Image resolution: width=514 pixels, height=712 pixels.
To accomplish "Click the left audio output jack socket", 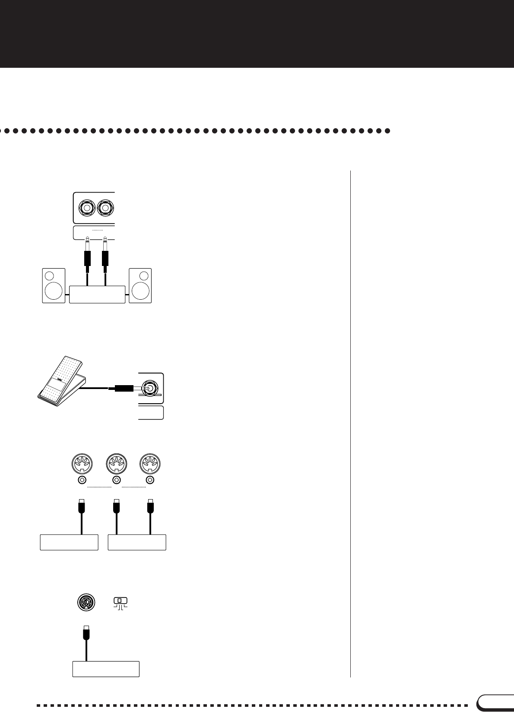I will click(x=87, y=208).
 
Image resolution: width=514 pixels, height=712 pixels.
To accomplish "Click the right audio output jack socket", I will click(x=105, y=208).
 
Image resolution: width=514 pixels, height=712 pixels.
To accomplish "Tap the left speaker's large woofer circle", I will click(x=54, y=291).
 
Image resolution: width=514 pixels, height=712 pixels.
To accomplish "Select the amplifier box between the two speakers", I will click(x=97, y=294).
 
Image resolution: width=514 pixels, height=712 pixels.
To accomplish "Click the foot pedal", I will click(x=60, y=380).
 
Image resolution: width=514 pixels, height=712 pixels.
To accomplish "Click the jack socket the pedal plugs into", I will click(x=149, y=388).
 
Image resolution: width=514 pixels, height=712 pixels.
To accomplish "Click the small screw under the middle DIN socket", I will click(x=116, y=480).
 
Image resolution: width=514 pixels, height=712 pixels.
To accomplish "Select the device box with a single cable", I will click(x=69, y=542).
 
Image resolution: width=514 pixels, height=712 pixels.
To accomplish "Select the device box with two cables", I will click(x=137, y=542).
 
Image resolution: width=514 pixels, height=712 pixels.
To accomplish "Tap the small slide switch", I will click(x=121, y=601).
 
